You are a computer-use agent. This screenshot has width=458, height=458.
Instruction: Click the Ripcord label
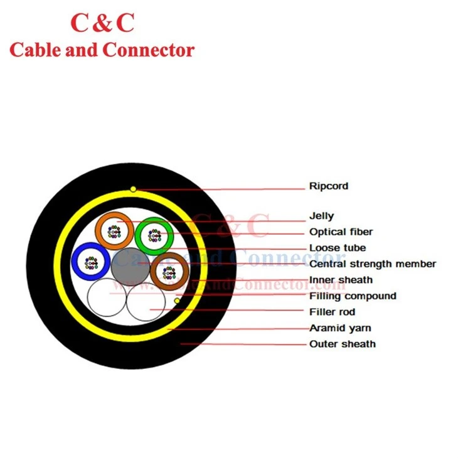(329, 186)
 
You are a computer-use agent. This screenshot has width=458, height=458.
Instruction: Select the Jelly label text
(321, 216)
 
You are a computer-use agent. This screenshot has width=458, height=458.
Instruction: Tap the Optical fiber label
(341, 232)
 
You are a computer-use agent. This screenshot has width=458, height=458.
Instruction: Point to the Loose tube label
(338, 248)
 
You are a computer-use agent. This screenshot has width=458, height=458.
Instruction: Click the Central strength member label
(373, 264)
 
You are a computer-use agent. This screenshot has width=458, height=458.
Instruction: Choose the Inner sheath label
(341, 280)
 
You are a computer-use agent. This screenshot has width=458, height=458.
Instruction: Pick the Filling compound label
(353, 296)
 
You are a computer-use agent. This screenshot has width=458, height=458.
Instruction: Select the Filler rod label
(332, 312)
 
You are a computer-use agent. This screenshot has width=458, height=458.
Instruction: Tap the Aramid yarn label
(340, 328)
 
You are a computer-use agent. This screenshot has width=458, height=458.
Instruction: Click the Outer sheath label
(343, 344)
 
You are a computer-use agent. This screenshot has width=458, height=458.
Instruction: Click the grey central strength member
(130, 267)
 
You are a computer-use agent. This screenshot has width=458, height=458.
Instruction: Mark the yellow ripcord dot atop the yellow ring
(133, 189)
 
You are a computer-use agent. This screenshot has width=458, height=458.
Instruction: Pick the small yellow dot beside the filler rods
(177, 301)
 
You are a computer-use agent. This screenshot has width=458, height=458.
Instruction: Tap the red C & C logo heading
(102, 23)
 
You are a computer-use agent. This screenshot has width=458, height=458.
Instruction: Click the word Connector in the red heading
(149, 50)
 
